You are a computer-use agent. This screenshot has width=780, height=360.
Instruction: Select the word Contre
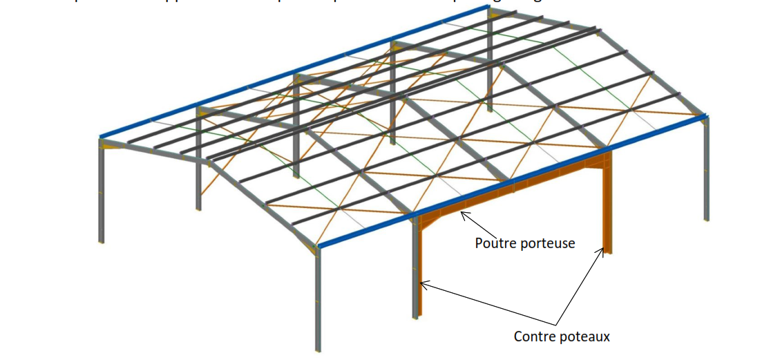534,337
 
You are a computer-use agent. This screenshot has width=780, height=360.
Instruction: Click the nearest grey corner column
318,297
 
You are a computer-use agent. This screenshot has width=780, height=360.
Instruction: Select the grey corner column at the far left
102,193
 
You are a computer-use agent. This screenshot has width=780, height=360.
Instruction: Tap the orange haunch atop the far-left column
111,144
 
